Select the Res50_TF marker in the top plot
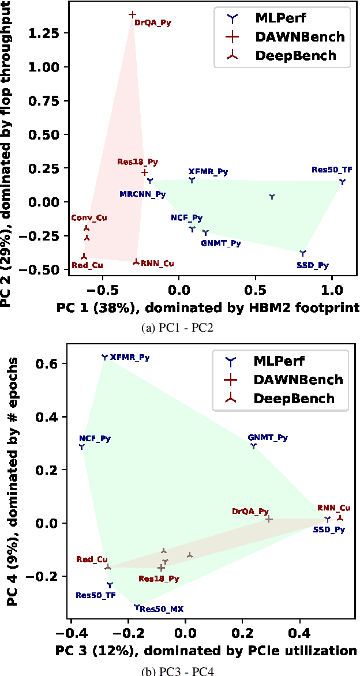342,182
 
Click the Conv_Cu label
89,218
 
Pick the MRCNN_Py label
142,194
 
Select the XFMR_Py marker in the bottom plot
104,357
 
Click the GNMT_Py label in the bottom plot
268,438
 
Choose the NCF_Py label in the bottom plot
95,438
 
